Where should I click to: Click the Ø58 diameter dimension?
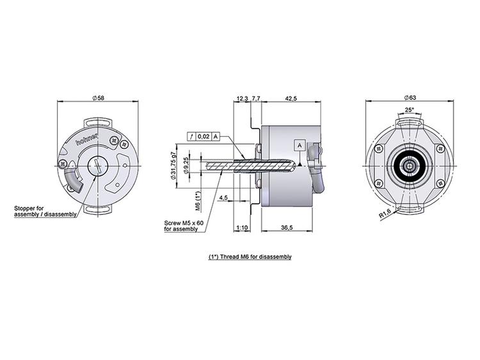[x=98, y=97]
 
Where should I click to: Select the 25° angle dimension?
[x=410, y=110]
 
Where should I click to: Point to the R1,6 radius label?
[x=385, y=215]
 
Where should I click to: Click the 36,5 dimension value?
[x=287, y=228]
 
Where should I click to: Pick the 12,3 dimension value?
[x=242, y=98]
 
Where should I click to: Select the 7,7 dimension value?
[x=256, y=98]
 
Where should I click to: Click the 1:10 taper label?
[x=242, y=228]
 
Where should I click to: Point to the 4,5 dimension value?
[x=223, y=198]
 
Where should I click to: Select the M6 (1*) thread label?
[x=198, y=201]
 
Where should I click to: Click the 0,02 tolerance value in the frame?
[x=203, y=136]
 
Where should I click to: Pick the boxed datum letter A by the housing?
[x=299, y=145]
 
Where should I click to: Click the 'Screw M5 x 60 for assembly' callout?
[x=183, y=226]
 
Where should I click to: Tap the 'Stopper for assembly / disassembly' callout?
[x=45, y=212]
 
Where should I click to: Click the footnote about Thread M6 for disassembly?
[x=250, y=256]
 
